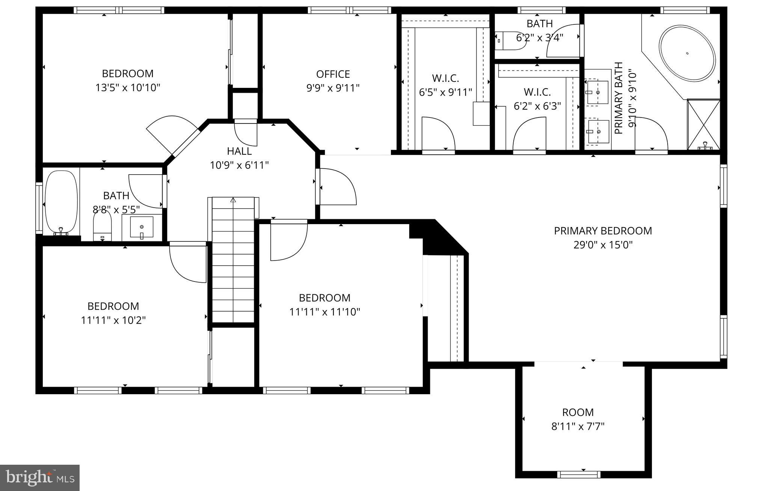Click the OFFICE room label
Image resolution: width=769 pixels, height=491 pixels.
click(x=333, y=74)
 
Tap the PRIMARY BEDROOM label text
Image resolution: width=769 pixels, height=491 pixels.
click(x=603, y=230)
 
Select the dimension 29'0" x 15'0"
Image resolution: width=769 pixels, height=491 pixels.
click(x=603, y=245)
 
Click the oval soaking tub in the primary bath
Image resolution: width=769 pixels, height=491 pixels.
click(x=687, y=53)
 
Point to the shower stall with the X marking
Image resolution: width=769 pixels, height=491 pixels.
click(x=704, y=124)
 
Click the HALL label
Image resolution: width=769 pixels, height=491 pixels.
click(x=239, y=151)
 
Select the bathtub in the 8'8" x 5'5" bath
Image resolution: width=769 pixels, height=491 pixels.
click(x=61, y=203)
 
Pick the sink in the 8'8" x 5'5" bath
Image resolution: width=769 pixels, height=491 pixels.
click(x=142, y=227)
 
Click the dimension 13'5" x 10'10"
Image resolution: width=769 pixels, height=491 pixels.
click(x=128, y=88)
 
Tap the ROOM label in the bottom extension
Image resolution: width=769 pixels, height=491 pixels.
click(x=578, y=412)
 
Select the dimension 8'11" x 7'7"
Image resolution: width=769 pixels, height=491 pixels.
click(x=578, y=426)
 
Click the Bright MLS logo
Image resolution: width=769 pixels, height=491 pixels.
click(x=40, y=477)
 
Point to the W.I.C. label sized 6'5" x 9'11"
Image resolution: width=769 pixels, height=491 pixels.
click(x=445, y=78)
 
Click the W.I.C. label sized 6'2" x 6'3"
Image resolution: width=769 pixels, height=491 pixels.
click(x=537, y=92)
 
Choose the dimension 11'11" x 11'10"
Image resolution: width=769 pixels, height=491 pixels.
click(x=324, y=312)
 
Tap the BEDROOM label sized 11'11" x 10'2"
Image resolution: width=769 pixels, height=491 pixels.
click(x=113, y=306)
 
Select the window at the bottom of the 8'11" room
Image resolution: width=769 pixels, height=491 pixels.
click(x=583, y=474)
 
